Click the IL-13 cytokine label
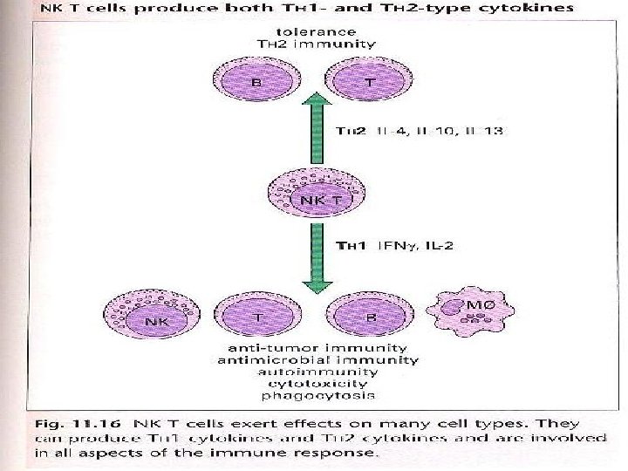click(485, 132)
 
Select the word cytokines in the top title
click(531, 8)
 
